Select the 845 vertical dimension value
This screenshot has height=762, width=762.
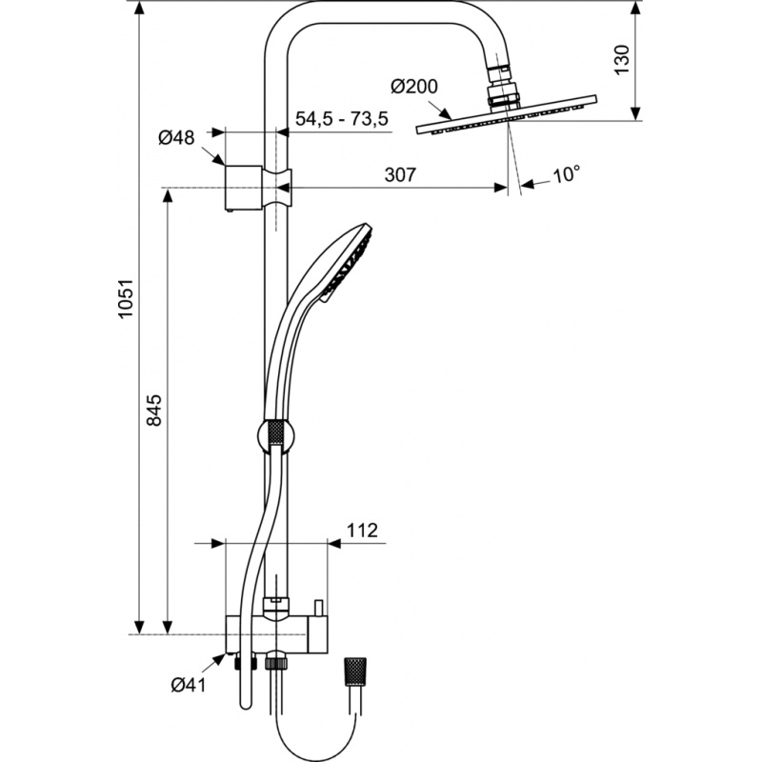click(x=154, y=411)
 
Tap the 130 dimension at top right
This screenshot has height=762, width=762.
click(x=622, y=60)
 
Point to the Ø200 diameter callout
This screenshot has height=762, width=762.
click(x=414, y=87)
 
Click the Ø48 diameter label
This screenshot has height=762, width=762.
click(x=176, y=137)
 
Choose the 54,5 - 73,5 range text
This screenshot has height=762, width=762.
click(x=342, y=118)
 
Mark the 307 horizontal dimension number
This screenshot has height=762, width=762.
click(x=400, y=174)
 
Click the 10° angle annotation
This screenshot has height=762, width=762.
click(x=566, y=174)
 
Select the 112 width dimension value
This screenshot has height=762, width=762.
click(x=362, y=531)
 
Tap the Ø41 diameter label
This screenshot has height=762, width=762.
click(x=189, y=685)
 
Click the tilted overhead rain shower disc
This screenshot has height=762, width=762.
click(x=507, y=114)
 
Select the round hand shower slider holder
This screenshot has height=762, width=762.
click(x=275, y=436)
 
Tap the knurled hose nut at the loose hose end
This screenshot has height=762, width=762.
click(x=355, y=672)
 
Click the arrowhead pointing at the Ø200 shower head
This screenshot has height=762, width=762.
click(x=443, y=113)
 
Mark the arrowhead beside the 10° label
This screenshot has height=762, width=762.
click(x=528, y=184)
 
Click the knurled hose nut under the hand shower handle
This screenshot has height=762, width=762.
click(x=275, y=432)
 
